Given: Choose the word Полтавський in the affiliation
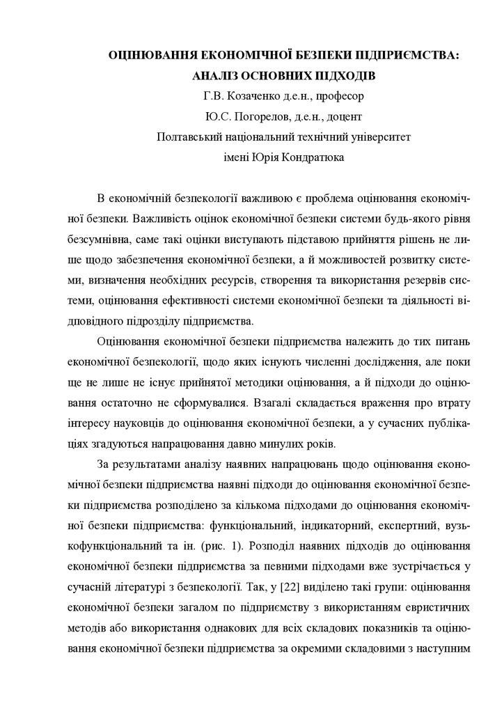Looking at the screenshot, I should point(192,136).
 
